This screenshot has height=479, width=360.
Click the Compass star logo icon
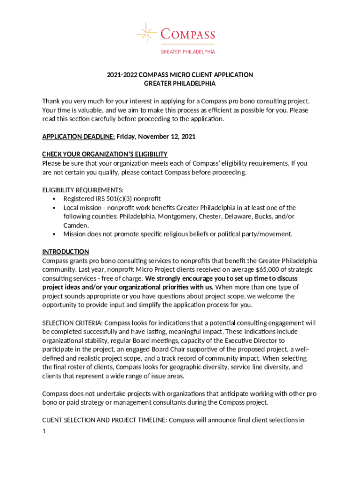click(x=146, y=34)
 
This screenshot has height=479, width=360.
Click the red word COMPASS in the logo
click(x=187, y=35)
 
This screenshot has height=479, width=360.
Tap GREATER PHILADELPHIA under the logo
click(x=187, y=52)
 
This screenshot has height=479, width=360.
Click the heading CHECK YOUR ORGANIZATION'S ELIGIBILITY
click(x=105, y=154)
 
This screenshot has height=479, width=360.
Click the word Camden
click(x=76, y=225)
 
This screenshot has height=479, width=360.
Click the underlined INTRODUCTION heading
click(x=65, y=252)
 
